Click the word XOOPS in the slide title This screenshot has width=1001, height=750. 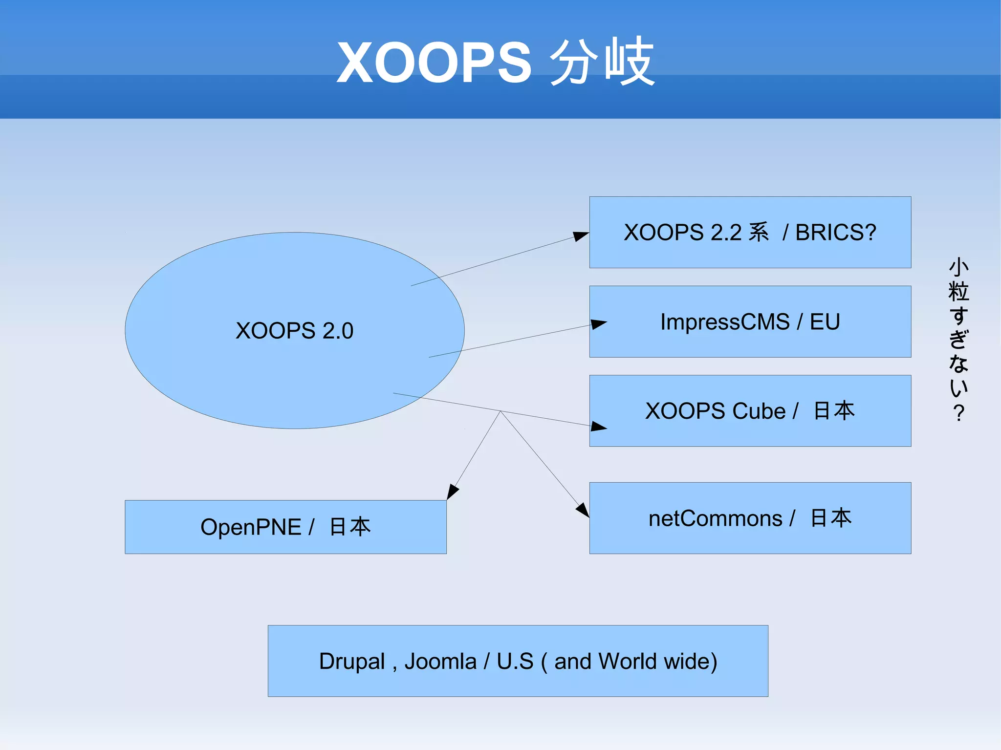(x=434, y=63)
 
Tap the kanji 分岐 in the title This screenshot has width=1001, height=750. (x=602, y=62)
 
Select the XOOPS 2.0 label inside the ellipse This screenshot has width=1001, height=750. (x=294, y=331)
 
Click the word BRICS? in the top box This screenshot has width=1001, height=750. (x=836, y=233)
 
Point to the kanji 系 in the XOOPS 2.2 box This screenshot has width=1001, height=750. (x=759, y=232)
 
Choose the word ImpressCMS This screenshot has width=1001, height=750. (x=725, y=322)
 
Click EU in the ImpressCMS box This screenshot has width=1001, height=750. (x=825, y=322)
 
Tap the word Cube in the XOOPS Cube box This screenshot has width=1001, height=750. (x=759, y=411)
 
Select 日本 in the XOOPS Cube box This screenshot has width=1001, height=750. (x=834, y=410)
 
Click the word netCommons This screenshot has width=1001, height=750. (x=716, y=518)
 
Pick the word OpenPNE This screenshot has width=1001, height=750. (x=251, y=527)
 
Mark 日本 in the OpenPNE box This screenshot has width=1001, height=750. (x=350, y=527)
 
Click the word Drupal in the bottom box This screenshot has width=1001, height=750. (x=352, y=662)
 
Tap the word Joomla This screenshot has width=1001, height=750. (x=440, y=662)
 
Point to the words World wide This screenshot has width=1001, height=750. (x=657, y=662)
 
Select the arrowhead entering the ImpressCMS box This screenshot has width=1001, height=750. (x=598, y=324)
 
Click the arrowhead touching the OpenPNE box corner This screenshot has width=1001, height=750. (x=452, y=492)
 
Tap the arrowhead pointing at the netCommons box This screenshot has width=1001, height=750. (x=583, y=510)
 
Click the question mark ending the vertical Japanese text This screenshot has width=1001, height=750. (x=958, y=413)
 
